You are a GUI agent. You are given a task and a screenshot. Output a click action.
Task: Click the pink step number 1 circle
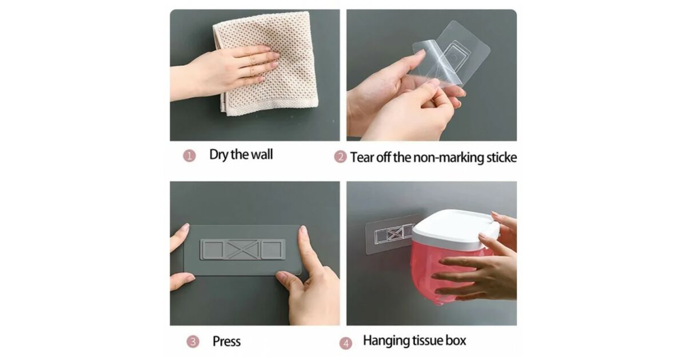tap(189, 156)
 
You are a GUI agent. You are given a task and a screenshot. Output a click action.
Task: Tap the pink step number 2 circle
tap(340, 157)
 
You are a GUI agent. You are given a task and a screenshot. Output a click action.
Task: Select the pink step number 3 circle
tap(193, 341)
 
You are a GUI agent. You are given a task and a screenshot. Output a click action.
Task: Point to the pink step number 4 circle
tap(346, 343)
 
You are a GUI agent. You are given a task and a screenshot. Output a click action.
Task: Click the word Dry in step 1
tap(218, 155)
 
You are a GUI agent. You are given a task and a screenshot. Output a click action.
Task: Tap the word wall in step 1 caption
tap(262, 154)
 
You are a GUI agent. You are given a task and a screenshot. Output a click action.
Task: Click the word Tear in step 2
tap(362, 157)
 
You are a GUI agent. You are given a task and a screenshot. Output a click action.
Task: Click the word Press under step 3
tap(226, 341)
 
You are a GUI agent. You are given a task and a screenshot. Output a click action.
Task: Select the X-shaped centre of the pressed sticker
tap(242, 250)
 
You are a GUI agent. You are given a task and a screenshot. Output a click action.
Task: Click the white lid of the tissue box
tap(453, 228)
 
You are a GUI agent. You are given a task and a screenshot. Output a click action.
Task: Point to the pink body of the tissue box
tap(441, 273)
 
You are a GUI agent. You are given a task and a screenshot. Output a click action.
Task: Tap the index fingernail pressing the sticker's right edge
tap(303, 231)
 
